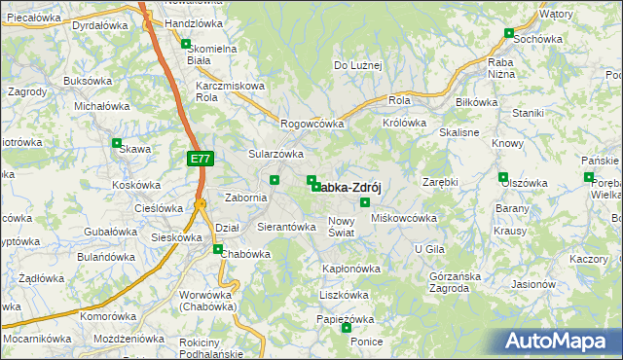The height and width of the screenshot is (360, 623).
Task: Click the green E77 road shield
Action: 200,158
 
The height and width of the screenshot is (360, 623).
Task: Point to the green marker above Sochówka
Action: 509,32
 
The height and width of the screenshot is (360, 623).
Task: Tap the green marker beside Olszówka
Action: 503,177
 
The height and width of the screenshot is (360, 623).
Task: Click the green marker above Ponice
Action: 347,328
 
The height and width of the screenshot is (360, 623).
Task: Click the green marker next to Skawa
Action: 117,149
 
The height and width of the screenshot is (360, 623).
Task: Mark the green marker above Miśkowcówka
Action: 365,202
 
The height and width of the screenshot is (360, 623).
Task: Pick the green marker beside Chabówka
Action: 218,248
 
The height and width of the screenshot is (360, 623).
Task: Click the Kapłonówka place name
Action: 351,269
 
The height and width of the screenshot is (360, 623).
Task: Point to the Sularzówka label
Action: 276,154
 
